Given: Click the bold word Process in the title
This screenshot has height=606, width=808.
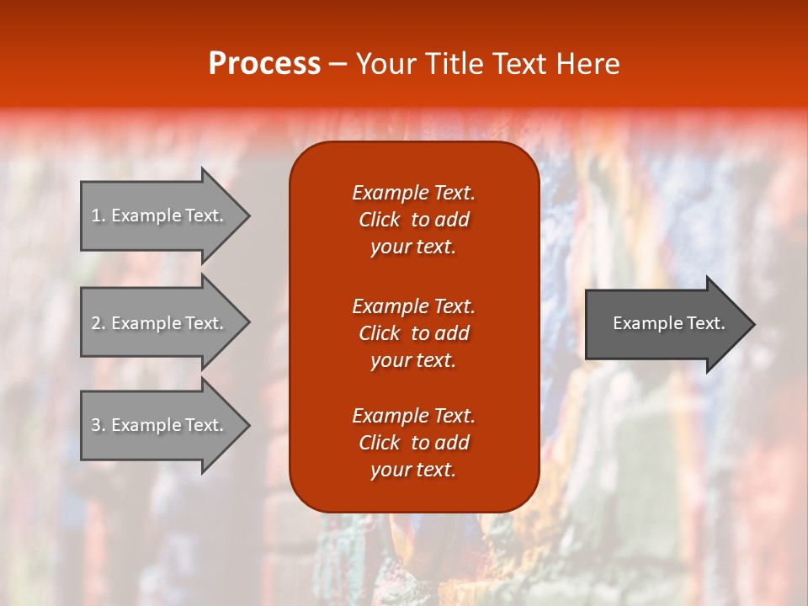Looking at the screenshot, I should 264,64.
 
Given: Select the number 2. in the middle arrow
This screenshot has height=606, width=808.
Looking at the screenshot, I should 98,323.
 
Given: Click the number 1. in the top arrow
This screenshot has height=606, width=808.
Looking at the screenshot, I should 98,215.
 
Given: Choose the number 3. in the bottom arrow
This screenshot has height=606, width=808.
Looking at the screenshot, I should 98,425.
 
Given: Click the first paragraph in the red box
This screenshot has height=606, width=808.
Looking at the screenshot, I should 413,220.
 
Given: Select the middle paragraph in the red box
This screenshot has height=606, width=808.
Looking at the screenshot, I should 413,333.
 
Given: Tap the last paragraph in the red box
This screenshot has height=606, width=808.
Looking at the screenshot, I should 413,443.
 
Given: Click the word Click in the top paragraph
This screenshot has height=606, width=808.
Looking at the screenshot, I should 379,220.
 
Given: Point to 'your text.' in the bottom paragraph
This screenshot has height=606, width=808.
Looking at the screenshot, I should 413,470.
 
